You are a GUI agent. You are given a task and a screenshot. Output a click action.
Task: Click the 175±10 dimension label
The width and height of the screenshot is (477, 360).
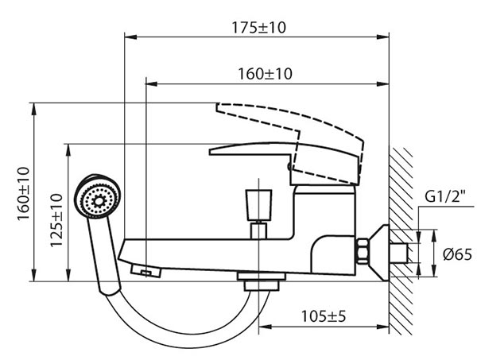tap(259, 27)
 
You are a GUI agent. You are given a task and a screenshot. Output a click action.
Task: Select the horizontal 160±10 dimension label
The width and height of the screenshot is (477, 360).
tap(265, 74)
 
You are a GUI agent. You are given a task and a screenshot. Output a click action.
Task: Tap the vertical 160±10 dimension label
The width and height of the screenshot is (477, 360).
tap(23, 194)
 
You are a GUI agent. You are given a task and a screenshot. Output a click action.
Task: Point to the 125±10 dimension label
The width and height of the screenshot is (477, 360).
tap(56, 220)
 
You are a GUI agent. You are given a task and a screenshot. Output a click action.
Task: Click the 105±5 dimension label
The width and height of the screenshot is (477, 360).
tap(324, 316)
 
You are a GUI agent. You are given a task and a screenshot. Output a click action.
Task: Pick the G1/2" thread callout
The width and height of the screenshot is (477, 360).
tap(445, 196)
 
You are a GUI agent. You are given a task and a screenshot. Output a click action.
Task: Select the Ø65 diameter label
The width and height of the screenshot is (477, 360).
tap(458, 254)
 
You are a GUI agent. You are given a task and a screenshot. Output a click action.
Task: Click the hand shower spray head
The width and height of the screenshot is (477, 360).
tap(98, 195)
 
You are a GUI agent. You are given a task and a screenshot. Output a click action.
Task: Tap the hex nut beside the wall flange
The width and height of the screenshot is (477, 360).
tap(363, 251)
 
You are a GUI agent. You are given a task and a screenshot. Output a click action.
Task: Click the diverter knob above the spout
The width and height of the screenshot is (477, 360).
tap(258, 204)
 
